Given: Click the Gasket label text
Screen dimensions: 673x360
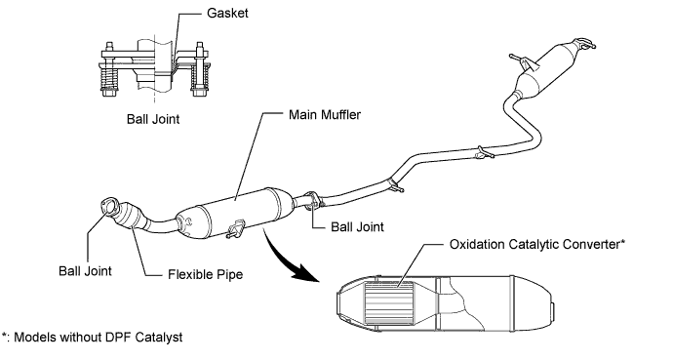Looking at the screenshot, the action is tap(227, 13).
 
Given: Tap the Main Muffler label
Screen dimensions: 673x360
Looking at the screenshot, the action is tap(325, 114).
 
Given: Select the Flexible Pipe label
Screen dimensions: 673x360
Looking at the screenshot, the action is tap(205, 274).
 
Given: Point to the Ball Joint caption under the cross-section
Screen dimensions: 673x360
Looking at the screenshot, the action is tap(153, 119).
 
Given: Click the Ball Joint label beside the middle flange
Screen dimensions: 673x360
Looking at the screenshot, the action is tap(357, 226).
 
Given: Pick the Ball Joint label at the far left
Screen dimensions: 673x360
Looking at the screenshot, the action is tap(85, 271).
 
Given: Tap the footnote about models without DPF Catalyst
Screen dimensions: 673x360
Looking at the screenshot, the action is tap(93, 338).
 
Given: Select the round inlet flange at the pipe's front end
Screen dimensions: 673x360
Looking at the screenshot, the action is tap(108, 206).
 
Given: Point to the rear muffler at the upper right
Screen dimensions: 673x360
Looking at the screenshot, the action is tap(548, 67).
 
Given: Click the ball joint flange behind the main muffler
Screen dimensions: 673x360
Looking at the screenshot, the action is tap(313, 200).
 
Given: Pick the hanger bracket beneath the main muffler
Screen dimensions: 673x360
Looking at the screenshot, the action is tap(235, 228).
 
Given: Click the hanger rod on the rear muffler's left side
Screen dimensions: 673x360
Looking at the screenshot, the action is tap(521, 60).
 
